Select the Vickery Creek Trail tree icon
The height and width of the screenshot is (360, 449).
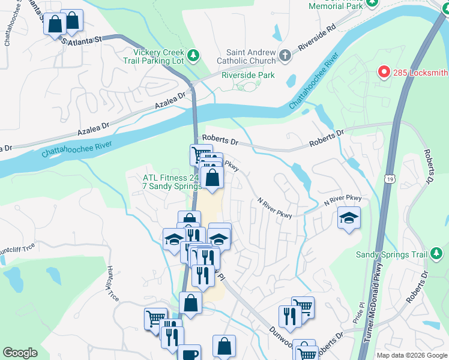193,56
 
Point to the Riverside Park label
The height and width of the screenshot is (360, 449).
248,75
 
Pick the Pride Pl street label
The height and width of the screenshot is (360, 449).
362,313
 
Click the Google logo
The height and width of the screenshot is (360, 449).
20,353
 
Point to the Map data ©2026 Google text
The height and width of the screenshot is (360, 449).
411,355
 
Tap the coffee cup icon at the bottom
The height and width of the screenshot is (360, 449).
190,354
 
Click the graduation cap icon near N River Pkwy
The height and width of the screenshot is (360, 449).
349,218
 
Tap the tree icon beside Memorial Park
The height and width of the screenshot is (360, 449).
372,3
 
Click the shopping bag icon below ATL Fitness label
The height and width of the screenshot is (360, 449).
212,178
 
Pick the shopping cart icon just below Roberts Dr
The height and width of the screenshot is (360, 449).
200,155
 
